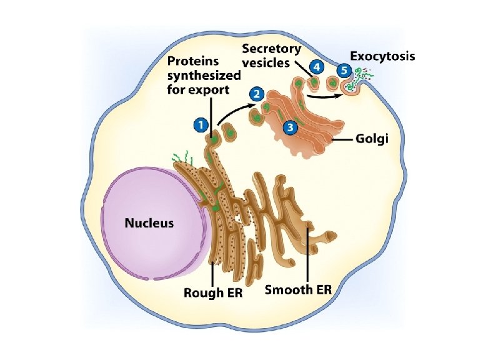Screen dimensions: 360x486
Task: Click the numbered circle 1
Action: [x=200, y=125]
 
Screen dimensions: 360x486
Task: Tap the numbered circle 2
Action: [x=255, y=94]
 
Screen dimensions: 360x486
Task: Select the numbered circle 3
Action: [x=289, y=127]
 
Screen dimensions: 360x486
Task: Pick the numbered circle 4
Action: [x=318, y=66]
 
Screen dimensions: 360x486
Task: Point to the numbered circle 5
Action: [x=342, y=70]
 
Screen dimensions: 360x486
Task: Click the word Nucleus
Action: [x=149, y=222]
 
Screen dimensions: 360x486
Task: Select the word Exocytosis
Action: [x=382, y=56]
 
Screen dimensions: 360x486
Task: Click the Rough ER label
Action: [x=213, y=292]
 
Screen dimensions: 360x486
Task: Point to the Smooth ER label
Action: [x=299, y=290]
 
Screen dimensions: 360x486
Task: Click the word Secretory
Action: [x=271, y=48]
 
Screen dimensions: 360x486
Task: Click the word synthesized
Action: [x=203, y=76]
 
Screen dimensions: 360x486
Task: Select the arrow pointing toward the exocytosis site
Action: [x=325, y=96]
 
